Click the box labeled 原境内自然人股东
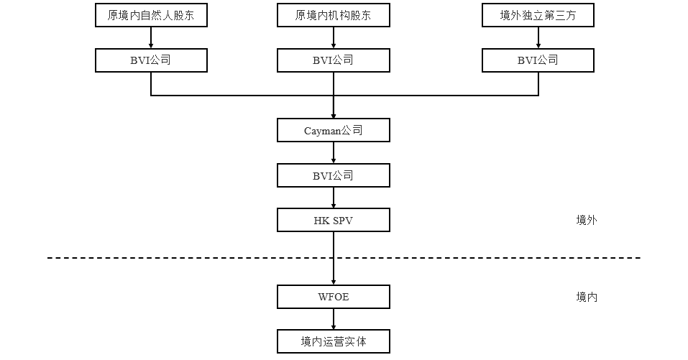(x=151, y=16)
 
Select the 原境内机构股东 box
(x=334, y=16)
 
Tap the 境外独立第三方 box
(x=538, y=16)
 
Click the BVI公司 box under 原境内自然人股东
(x=151, y=60)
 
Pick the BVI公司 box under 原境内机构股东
(x=334, y=60)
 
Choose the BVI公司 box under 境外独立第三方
(x=538, y=60)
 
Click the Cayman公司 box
(x=334, y=131)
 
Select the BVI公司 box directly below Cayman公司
(x=334, y=175)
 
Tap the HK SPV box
(x=334, y=220)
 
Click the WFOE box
(x=334, y=297)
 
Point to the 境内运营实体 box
(x=334, y=341)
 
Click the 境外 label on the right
(x=586, y=220)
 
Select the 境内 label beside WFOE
(x=586, y=297)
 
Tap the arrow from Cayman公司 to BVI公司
(x=334, y=153)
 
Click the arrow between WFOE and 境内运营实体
(x=334, y=319)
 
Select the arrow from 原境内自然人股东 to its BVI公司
(x=151, y=38)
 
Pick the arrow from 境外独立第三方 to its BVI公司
(x=538, y=38)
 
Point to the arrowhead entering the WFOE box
(x=334, y=282)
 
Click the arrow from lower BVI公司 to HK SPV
(x=334, y=198)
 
